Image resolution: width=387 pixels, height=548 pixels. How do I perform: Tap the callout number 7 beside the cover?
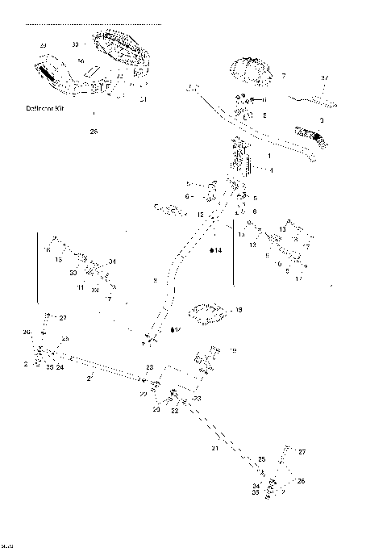tap(283, 75)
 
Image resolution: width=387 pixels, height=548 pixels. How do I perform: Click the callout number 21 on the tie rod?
tap(214, 448)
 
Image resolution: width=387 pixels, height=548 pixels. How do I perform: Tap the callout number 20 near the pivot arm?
tap(156, 409)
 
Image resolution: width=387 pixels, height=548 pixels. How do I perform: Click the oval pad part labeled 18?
tap(209, 312)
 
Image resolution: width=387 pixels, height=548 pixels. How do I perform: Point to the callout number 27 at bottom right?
tap(302, 453)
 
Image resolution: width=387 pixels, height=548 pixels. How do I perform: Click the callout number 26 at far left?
tap(26, 332)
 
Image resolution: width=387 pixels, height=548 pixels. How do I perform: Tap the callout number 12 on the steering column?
tap(200, 215)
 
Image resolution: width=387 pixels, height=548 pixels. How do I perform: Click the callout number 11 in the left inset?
tap(81, 287)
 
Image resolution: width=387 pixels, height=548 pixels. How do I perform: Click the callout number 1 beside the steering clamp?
tap(268, 154)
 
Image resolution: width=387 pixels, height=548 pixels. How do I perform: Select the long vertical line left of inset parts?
tap(37, 266)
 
